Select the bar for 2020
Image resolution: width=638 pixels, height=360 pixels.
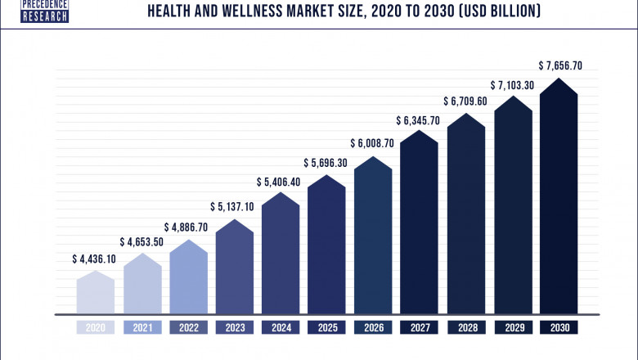coord(96,293)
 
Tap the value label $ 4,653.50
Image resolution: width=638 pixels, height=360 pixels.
coord(142,242)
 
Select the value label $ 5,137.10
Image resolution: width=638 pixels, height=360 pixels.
coord(235,206)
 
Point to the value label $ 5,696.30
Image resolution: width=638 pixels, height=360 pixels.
coord(327,162)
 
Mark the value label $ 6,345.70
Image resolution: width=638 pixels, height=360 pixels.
coord(420,121)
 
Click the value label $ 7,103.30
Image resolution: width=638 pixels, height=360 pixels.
coord(513,85)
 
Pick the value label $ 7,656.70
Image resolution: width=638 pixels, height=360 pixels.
coord(559,65)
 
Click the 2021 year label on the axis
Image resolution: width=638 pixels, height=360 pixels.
coord(142,327)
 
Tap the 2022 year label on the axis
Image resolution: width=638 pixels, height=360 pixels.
coord(188,327)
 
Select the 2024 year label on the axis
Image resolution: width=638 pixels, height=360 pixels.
coord(281,327)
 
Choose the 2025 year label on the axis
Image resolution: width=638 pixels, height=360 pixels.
coord(327,327)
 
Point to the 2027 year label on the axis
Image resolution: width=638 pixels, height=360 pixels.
coord(420,327)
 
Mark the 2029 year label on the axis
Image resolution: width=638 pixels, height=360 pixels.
coord(513,327)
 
